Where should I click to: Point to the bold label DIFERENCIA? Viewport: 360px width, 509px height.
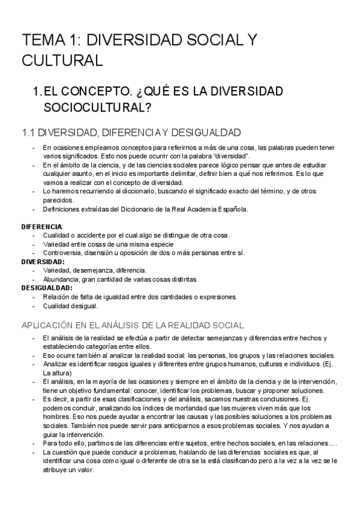pyautogui.click(x=42, y=226)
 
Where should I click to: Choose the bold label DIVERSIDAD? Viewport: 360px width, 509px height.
pyautogui.click(x=43, y=262)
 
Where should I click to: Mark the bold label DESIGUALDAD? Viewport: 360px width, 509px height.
pyautogui.click(x=47, y=288)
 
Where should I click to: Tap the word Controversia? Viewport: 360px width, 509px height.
pyautogui.click(x=62, y=253)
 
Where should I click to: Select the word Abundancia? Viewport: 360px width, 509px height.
pyautogui.click(x=61, y=279)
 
